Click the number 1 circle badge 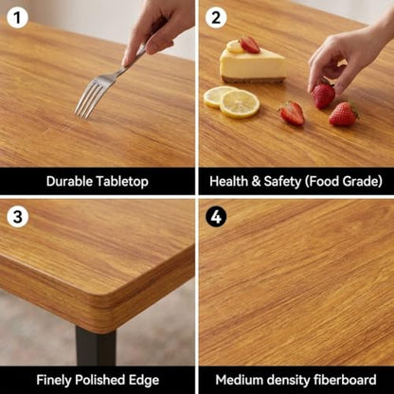pos(17,18)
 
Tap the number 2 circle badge pos(216,18)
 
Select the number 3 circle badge pos(17,217)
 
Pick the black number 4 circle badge pos(216,217)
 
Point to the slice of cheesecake pos(253,64)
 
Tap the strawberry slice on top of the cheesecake pos(249,45)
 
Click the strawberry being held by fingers pos(323,95)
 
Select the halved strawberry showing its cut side pos(292,114)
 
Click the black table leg pos(96,346)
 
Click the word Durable pos(70,182)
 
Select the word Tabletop pos(122,182)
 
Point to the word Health pos(228,182)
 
